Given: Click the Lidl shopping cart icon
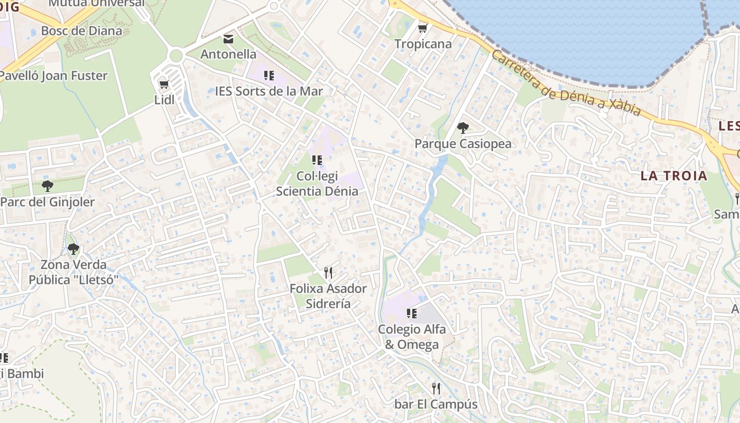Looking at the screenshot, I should [x=164, y=84].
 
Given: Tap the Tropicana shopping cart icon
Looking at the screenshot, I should [x=422, y=28].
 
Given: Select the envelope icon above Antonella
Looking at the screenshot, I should [x=228, y=39].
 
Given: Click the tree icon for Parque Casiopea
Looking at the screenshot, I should [x=462, y=127].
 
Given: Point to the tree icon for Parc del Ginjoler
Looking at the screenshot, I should [x=47, y=186].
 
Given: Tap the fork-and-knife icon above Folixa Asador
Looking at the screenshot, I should [x=328, y=273].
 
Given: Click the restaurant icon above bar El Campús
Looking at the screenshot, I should [x=436, y=389].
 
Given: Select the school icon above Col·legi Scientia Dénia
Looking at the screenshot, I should [x=317, y=160].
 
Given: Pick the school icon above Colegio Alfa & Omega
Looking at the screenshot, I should [x=412, y=314].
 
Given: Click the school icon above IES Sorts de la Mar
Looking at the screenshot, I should [x=269, y=75].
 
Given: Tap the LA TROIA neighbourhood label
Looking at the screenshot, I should [x=673, y=176].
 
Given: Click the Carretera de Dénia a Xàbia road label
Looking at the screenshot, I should [x=566, y=84].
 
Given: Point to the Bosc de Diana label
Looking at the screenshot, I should [x=81, y=31].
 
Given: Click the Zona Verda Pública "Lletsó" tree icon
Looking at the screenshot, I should [x=73, y=249].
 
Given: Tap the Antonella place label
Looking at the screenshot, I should [x=228, y=54].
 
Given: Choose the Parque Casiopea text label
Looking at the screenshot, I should [x=463, y=143].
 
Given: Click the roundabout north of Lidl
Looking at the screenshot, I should [x=176, y=56].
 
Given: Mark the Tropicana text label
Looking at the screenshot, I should [x=423, y=44].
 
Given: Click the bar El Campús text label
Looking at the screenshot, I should [x=436, y=404].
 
